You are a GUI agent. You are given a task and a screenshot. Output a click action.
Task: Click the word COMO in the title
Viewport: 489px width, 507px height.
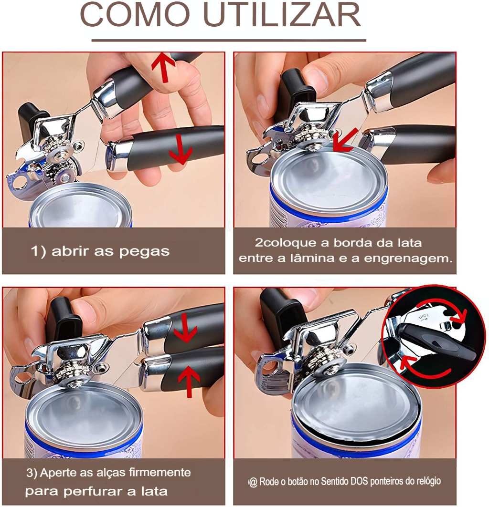135,15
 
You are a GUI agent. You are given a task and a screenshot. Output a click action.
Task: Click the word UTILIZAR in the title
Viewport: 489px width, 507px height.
282,15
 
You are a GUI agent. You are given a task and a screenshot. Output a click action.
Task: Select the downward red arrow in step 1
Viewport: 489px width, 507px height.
180,149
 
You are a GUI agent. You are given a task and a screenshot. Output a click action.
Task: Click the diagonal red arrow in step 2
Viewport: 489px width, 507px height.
346,140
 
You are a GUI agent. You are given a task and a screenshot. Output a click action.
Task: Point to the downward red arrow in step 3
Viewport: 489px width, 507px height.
186,327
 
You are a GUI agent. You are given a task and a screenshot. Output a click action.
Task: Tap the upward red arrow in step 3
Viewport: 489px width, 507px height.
189,383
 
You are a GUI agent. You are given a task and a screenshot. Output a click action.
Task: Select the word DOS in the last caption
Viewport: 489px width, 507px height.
359,481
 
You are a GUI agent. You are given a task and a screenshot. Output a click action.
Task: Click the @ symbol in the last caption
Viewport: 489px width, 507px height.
253,482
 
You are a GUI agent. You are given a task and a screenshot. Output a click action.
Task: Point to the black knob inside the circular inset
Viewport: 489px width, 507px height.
436,342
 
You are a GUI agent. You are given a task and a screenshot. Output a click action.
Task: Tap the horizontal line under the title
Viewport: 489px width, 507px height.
229,41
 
